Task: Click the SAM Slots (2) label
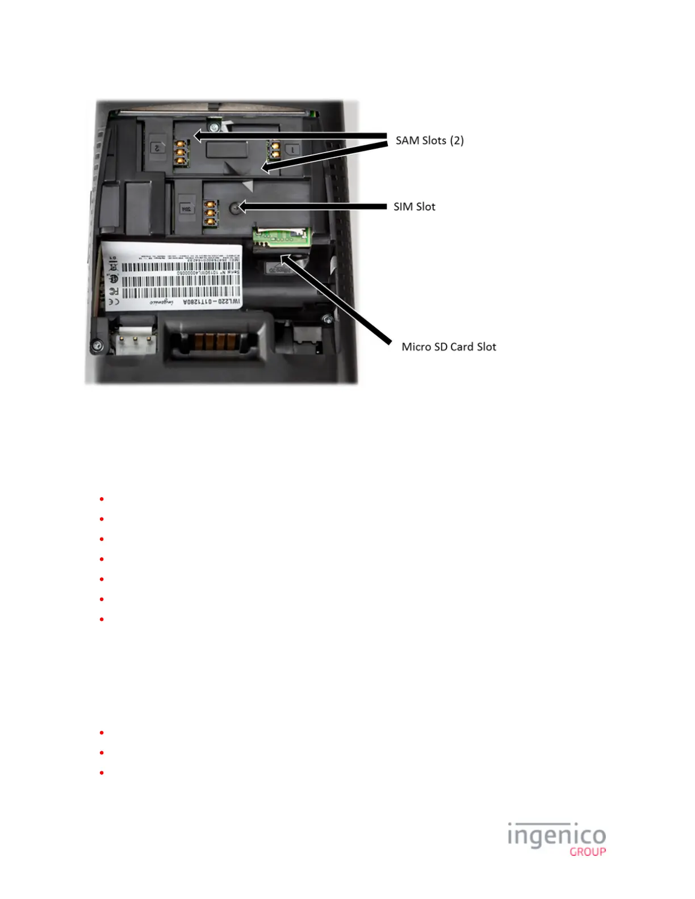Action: click(x=430, y=140)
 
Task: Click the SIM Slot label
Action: click(x=415, y=207)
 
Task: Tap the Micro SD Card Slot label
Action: click(x=449, y=347)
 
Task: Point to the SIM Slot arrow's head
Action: click(x=240, y=207)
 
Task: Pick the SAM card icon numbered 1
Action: click(x=292, y=149)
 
